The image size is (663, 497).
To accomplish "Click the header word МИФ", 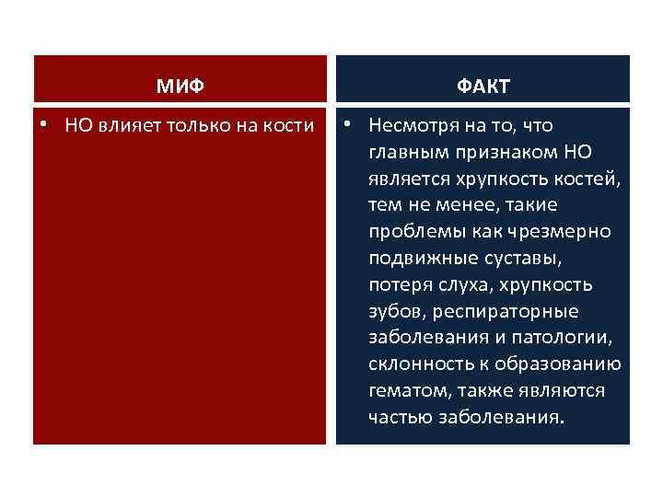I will pos(180,87).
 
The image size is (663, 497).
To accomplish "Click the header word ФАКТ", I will pos(483,87).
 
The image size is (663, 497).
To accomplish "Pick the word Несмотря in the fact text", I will pos(410,125).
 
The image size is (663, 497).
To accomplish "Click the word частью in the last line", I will pos(398,417).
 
